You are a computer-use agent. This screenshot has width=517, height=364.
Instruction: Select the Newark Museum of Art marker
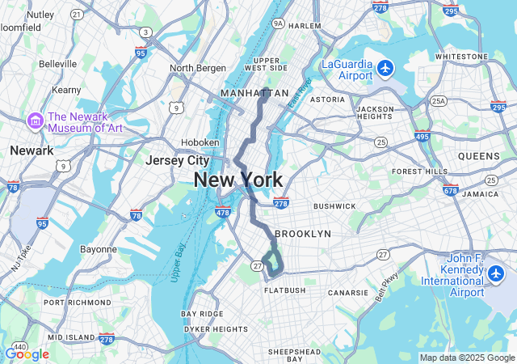click(x=35, y=121)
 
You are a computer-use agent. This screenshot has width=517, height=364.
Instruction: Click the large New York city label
click(x=238, y=180)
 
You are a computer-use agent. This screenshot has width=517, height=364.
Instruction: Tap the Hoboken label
click(x=200, y=142)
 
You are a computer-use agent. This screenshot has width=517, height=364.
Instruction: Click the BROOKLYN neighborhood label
click(x=303, y=234)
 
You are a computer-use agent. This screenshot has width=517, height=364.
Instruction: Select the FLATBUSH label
click(x=284, y=290)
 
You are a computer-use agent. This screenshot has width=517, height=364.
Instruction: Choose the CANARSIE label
click(x=349, y=292)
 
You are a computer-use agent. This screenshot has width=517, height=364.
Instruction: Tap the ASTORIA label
click(x=327, y=99)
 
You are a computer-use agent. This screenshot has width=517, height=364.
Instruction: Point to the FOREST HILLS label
click(x=419, y=171)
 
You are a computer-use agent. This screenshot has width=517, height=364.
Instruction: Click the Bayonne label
click(x=99, y=249)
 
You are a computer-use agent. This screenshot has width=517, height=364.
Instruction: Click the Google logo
click(x=26, y=354)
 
